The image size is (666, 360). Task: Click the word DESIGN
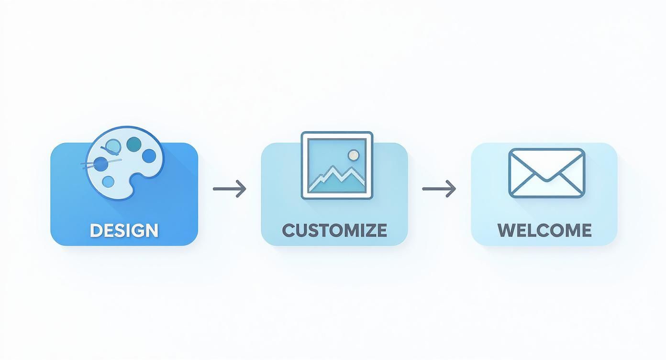tap(124, 230)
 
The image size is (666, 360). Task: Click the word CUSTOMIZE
tap(334, 230)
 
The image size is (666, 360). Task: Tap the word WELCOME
tap(544, 230)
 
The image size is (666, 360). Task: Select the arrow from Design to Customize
tap(229, 189)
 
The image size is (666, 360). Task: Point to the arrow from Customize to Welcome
tap(439, 189)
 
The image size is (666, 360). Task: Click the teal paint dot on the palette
tap(134, 142)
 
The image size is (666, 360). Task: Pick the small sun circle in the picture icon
tap(354, 155)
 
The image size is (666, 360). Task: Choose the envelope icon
tap(546, 173)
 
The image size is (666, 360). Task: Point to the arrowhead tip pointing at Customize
tap(245, 189)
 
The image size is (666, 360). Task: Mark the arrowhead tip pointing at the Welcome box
tap(455, 189)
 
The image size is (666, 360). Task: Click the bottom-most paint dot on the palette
tap(109, 181)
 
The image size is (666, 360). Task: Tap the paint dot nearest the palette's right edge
tap(149, 155)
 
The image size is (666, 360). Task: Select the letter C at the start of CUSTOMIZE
tap(289, 230)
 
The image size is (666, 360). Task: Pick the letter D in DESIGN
tap(96, 230)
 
